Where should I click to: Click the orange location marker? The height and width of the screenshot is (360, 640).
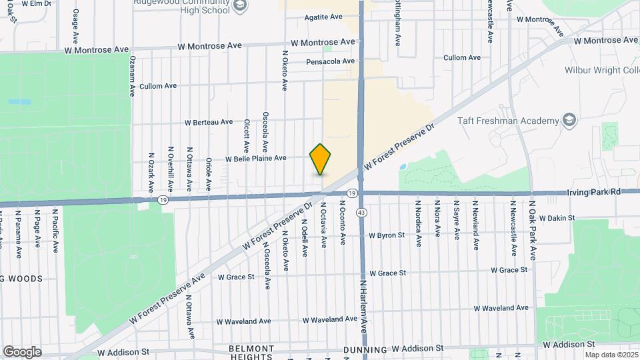click(321, 159)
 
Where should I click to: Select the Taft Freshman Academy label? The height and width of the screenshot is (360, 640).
click(507, 121)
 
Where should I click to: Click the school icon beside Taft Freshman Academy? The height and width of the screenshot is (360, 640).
click(569, 120)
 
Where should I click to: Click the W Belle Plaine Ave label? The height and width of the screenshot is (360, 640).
click(255, 159)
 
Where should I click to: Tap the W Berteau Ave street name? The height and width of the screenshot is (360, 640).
click(209, 122)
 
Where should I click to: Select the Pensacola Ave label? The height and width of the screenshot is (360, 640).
click(330, 61)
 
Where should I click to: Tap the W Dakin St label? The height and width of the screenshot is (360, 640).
click(557, 218)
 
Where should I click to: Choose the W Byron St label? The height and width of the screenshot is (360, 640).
click(387, 235)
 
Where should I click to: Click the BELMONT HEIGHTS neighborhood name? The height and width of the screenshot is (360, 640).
click(252, 353)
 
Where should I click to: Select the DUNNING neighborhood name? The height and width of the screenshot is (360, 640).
click(365, 349)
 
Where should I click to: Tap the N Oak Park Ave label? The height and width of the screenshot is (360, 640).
click(533, 230)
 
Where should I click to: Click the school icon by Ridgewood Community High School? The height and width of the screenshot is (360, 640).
click(240, 7)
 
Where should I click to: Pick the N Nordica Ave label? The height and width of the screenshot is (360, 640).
click(418, 223)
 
